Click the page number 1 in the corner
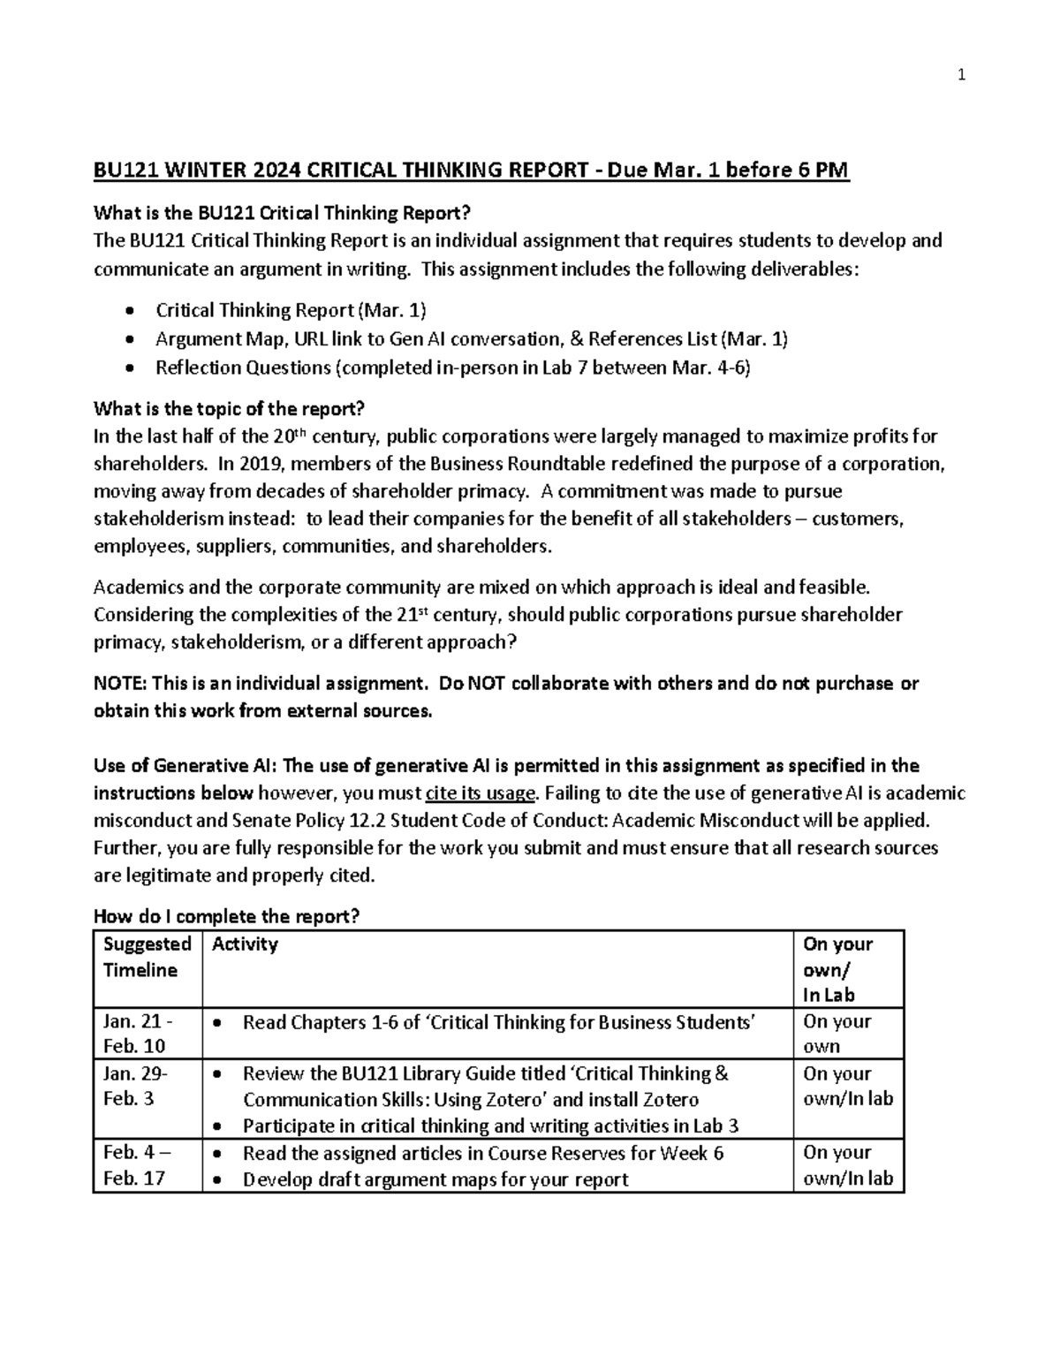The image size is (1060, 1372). (x=962, y=75)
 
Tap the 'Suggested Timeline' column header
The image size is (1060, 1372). (x=147, y=957)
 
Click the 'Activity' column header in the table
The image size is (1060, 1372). (x=245, y=944)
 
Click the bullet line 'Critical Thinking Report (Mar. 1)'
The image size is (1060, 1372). (x=291, y=310)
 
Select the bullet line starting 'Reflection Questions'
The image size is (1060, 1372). (x=452, y=368)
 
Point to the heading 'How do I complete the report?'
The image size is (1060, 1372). (x=227, y=917)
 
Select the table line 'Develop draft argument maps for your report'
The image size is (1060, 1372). (x=435, y=1179)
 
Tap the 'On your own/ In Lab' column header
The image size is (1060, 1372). (x=837, y=969)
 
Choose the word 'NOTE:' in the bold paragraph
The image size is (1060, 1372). (x=121, y=683)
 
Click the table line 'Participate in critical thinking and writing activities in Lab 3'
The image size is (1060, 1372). (x=490, y=1126)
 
